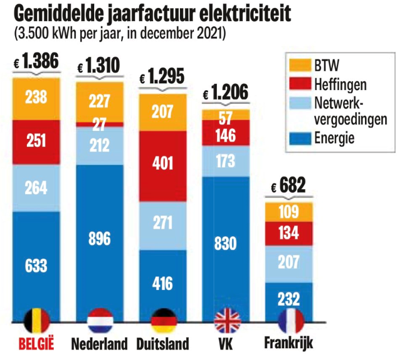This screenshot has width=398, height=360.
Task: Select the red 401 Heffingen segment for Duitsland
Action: point(163,166)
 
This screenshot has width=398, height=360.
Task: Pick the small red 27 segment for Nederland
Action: point(100,124)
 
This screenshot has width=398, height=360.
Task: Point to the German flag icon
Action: point(163,321)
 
